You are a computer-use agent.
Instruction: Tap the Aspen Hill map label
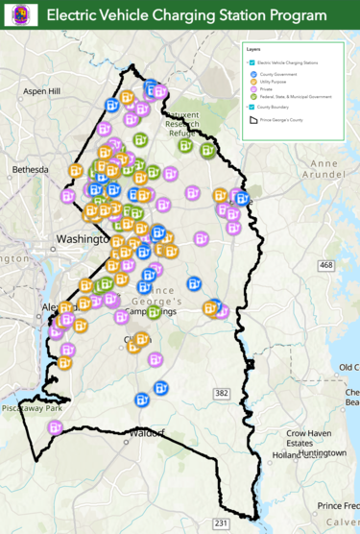[x=41, y=91]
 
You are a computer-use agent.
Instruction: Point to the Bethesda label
[x=29, y=169]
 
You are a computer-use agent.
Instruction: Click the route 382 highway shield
[x=222, y=366]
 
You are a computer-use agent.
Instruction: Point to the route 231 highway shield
[x=221, y=522]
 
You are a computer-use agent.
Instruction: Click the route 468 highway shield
[x=326, y=265]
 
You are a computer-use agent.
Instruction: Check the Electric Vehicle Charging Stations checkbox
[x=251, y=61]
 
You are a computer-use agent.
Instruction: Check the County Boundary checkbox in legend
[x=251, y=107]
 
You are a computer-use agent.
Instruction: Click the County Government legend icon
[x=253, y=73]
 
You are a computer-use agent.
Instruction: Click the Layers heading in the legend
[x=253, y=48]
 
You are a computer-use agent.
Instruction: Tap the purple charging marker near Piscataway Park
[x=55, y=427]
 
